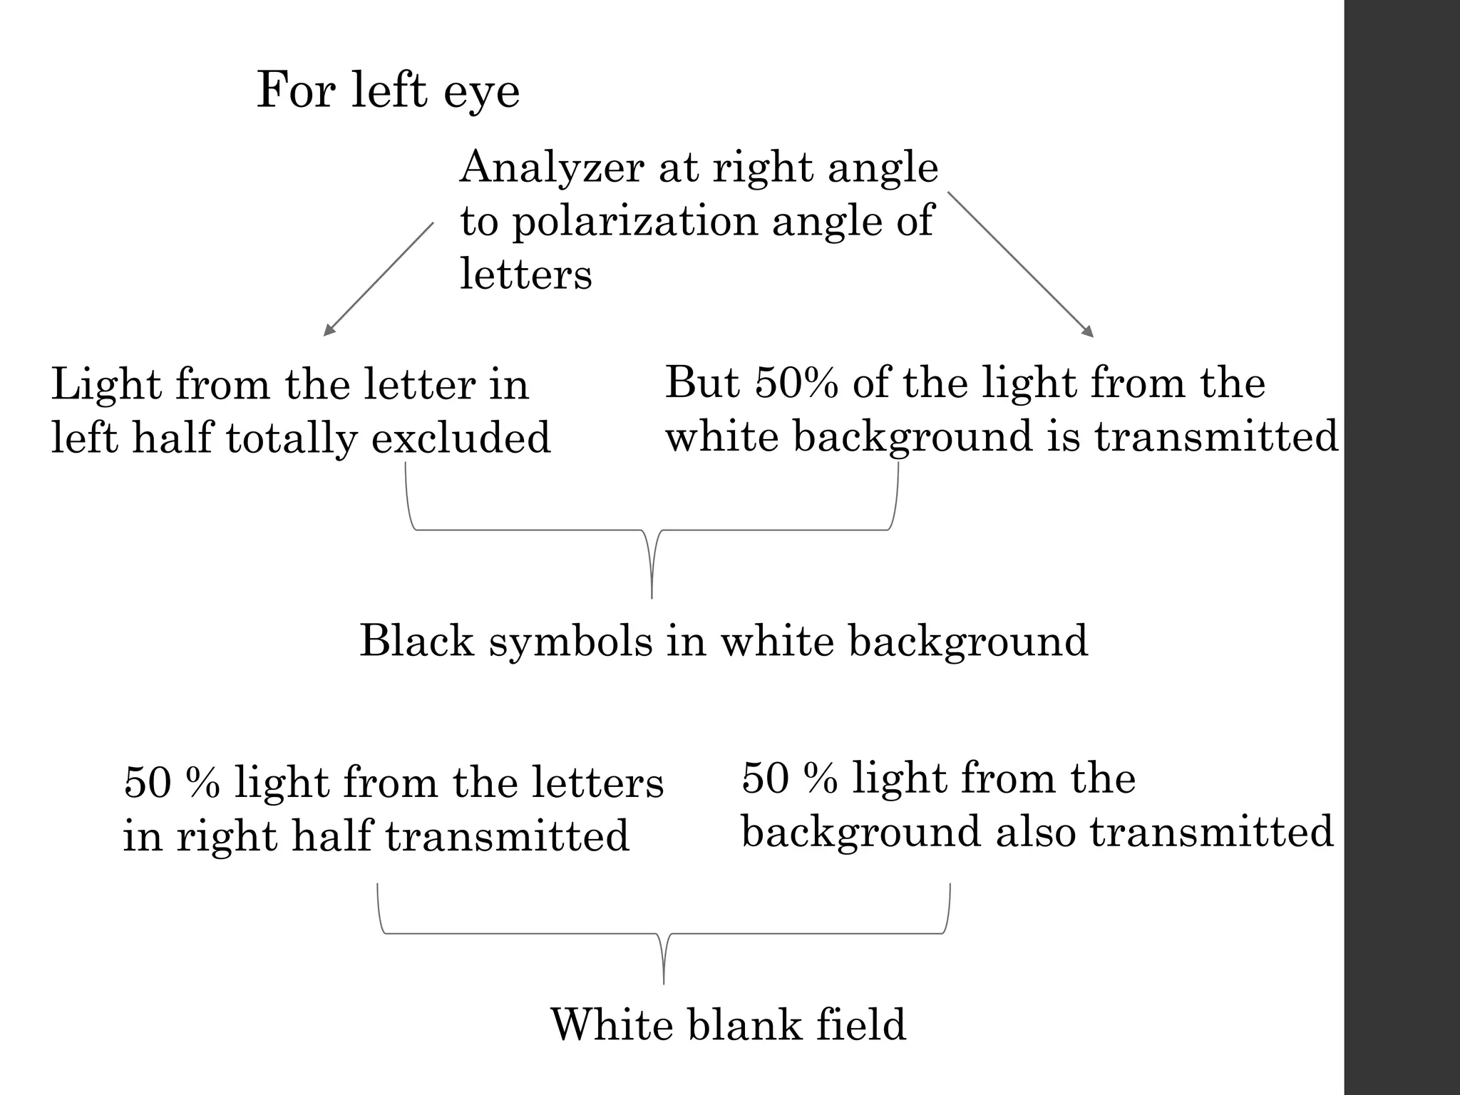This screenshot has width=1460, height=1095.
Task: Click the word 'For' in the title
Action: (x=296, y=91)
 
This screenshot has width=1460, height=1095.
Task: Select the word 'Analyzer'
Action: (x=551, y=168)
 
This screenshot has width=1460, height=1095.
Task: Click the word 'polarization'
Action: (x=634, y=222)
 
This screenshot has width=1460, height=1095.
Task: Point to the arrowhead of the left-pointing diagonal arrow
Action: (x=327, y=333)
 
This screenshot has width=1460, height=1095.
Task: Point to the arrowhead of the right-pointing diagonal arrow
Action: (x=1090, y=334)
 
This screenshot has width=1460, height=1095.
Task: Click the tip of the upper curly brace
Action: (x=652, y=596)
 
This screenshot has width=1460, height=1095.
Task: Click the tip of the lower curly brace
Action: (x=664, y=982)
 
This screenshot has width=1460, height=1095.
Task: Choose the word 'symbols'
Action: (x=570, y=641)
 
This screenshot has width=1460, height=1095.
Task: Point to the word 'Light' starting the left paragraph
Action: (x=106, y=385)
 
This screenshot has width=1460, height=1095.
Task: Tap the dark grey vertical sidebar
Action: (x=1402, y=547)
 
